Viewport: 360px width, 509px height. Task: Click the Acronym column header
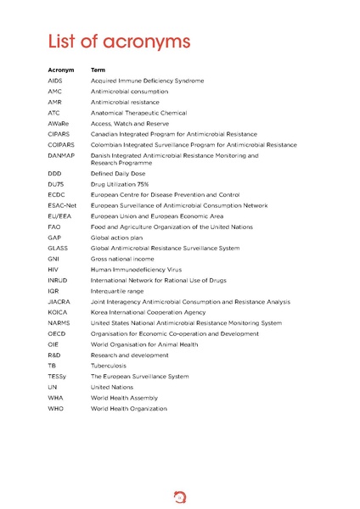61,70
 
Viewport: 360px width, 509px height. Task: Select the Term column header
98,70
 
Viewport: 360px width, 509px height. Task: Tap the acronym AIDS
55,81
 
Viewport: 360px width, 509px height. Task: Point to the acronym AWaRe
59,124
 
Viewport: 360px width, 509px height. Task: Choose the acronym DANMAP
61,156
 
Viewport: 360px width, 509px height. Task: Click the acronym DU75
56,184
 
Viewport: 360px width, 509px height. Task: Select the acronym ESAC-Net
62,205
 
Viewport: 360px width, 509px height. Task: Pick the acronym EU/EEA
60,216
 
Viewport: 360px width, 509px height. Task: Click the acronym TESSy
58,377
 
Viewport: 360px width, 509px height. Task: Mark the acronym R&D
55,355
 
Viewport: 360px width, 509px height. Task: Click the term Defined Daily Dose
127,173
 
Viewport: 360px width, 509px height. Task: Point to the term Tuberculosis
113,366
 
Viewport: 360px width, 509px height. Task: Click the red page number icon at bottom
179,491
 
